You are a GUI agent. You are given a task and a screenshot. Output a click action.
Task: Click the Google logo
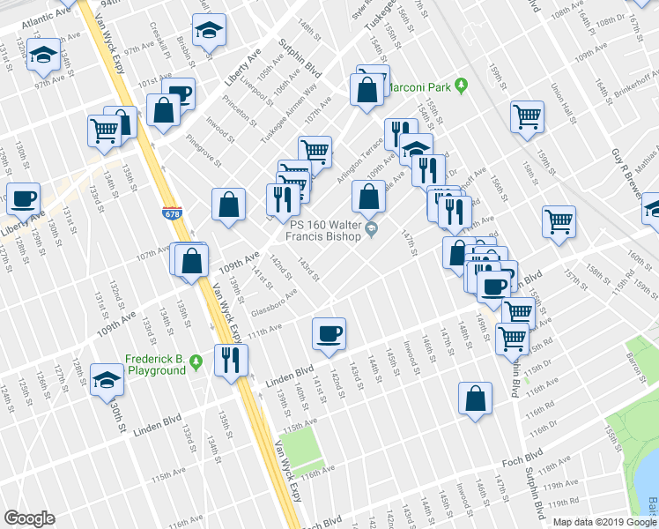coord(30,518)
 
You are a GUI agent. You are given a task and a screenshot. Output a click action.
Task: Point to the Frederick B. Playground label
coord(155,364)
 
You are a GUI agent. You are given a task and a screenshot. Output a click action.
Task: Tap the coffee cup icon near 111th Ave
coord(329,334)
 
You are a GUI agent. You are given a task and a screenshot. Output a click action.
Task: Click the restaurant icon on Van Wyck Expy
coord(231,360)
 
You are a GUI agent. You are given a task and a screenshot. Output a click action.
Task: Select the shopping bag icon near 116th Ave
coord(475,398)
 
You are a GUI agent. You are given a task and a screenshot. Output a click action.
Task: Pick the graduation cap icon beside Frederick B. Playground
coord(107,379)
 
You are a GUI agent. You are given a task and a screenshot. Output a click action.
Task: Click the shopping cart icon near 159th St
coord(527,115)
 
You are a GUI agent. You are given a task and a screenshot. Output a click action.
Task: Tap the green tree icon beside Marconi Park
coord(460,86)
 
